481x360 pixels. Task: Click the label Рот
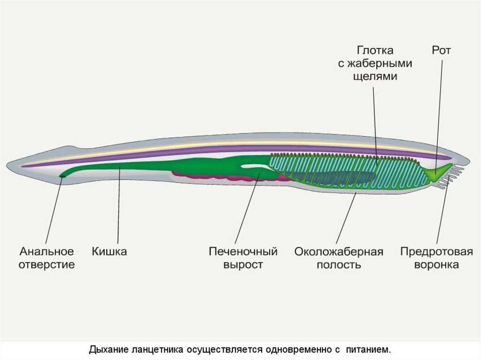click(442, 50)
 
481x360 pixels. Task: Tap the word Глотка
click(375, 50)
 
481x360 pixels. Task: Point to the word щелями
click(375, 76)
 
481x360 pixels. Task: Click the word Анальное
click(47, 252)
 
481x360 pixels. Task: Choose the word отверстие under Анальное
click(47, 264)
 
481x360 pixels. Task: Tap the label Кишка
click(109, 252)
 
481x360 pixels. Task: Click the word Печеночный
click(243, 252)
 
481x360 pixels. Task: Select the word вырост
click(243, 265)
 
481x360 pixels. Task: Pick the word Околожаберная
click(339, 252)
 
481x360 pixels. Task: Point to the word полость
click(339, 264)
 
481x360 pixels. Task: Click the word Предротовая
click(436, 252)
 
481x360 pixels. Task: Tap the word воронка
click(436, 264)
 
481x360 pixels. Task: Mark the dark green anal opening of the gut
click(62, 176)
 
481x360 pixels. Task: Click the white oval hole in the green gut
click(255, 167)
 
